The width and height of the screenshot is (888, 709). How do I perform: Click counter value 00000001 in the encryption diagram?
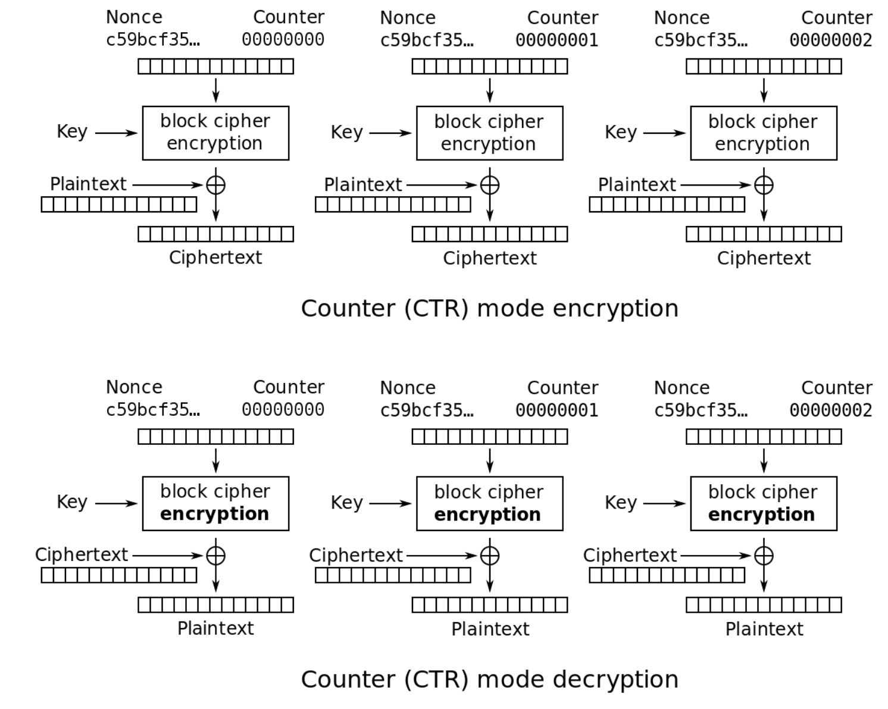556,40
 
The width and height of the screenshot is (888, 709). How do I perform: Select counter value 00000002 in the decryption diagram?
830,410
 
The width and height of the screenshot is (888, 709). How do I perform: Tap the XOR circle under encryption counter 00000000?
215,185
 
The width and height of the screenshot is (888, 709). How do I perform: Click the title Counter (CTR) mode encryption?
489,309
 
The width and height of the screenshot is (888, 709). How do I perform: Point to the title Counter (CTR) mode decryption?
489,679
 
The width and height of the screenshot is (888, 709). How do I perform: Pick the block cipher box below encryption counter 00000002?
763,133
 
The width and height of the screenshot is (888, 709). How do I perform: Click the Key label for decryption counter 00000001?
346,503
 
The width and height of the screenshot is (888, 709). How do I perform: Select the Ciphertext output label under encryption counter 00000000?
215,258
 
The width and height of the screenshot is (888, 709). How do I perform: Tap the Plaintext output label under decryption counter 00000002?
764,629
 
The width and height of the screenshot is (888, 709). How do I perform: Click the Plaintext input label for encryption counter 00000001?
363,185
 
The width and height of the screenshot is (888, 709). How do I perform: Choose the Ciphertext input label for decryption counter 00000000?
82,555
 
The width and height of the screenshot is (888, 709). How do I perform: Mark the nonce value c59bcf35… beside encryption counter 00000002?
701,40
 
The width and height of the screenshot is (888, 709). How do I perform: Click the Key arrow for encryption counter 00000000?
116,133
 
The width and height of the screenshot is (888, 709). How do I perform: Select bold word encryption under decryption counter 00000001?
487,515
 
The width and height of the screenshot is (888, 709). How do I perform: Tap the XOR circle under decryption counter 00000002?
764,556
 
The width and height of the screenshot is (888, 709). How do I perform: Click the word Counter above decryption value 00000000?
289,387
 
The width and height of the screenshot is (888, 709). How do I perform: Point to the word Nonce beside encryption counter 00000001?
408,18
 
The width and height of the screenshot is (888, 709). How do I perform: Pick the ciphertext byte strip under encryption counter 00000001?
489,234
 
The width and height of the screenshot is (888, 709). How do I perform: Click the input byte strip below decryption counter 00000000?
215,437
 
